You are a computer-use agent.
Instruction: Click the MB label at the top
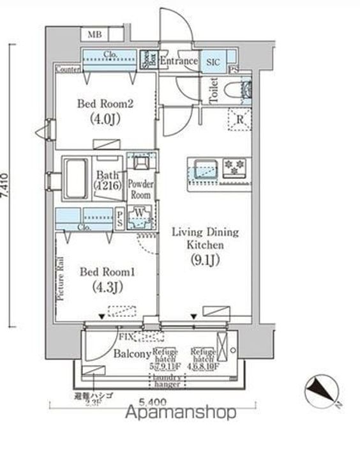[x=94, y=34]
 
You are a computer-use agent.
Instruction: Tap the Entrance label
[x=178, y=61]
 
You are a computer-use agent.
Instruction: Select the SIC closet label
[x=212, y=61]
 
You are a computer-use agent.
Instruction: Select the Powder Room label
[x=139, y=189]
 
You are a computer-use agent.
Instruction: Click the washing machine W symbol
[x=139, y=215]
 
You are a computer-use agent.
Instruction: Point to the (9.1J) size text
[x=204, y=259]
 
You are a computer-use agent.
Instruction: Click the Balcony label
[x=131, y=353]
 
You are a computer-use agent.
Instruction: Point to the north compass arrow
[x=321, y=392]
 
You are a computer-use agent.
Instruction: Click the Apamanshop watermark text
[x=180, y=413]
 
